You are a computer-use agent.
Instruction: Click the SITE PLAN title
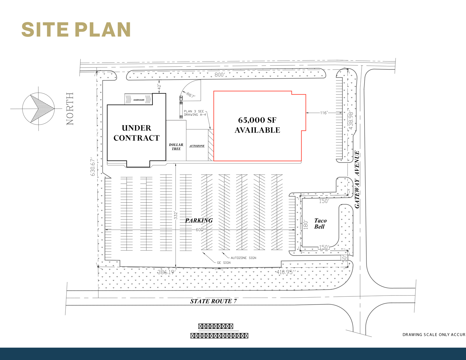pos(76,30)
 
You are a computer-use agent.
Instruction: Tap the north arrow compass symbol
pos(38,108)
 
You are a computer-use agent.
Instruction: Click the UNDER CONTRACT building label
pos(137,133)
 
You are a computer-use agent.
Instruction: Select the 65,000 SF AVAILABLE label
pos(257,125)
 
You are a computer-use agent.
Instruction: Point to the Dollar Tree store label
pos(176,147)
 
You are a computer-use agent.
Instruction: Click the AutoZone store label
pos(197,146)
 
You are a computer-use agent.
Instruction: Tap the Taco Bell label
pos(320,223)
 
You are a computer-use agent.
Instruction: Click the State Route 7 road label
pos(213,301)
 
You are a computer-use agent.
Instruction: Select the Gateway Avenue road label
pos(357,179)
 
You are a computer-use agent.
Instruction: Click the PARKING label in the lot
pos(199,220)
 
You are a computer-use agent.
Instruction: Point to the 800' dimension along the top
pos(219,75)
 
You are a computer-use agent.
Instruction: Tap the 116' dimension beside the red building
pos(323,113)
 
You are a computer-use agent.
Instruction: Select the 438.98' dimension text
pos(350,120)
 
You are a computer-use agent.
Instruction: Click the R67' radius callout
pos(191,95)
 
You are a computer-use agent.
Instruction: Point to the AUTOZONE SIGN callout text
pos(243,258)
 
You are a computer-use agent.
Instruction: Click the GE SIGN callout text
pos(224,262)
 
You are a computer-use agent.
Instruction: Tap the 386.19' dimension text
pos(166,272)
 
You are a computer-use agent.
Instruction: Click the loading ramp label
pos(139,100)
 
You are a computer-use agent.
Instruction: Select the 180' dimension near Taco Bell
pos(306,224)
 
